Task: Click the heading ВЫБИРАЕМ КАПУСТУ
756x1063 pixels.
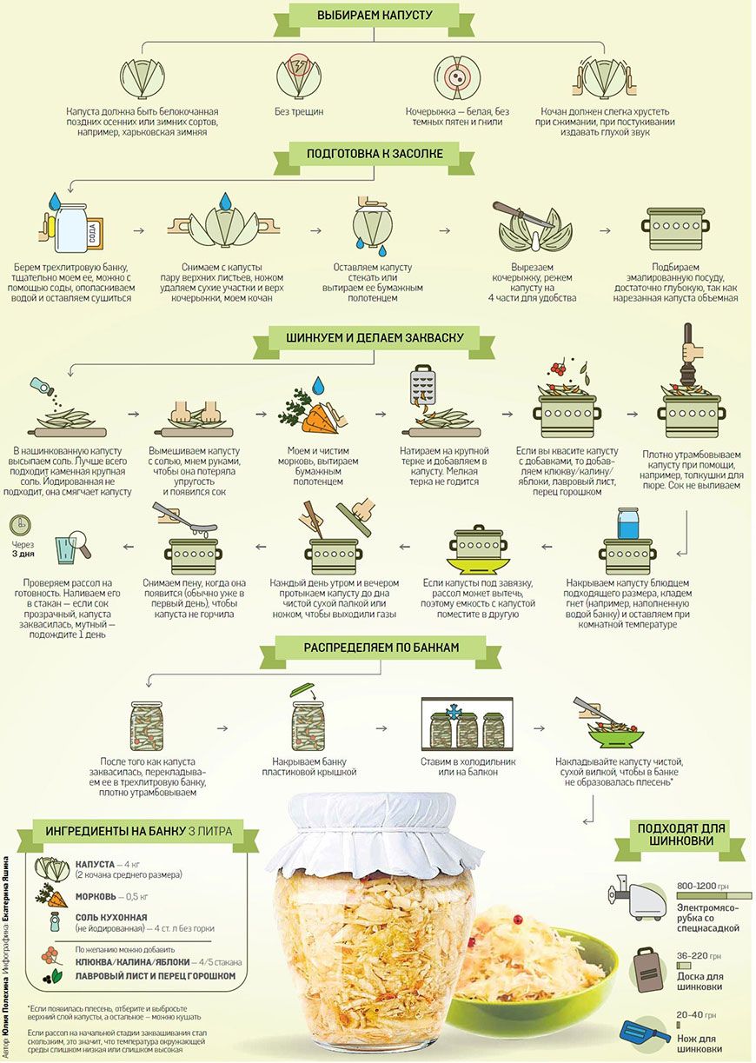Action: (375, 15)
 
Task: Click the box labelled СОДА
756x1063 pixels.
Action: (94, 236)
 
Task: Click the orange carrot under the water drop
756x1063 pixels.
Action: (320, 420)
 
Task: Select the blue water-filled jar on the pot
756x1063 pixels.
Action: (628, 523)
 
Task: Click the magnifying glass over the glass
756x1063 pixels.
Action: (79, 542)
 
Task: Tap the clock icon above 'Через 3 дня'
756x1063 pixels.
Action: (20, 525)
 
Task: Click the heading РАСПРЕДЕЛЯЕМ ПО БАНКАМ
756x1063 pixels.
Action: (381, 648)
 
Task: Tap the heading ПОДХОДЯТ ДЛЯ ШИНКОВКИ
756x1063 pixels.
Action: (681, 834)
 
